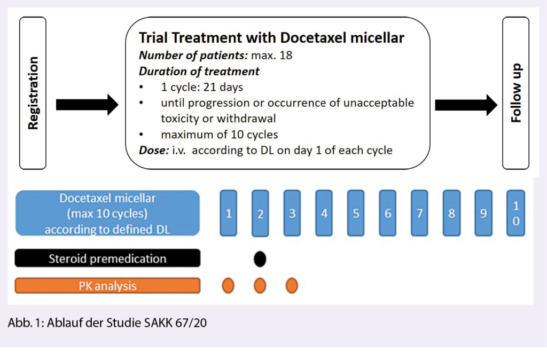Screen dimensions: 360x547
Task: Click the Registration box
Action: [x=33, y=93]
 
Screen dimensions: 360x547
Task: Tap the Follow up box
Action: [x=515, y=93]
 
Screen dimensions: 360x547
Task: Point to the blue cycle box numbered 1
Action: [x=229, y=213]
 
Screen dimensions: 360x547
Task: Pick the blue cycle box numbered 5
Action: [x=356, y=213]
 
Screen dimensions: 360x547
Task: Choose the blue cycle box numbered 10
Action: [x=515, y=213]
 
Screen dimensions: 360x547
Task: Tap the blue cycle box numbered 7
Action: [x=419, y=213]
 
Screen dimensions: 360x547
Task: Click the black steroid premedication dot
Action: [x=260, y=259]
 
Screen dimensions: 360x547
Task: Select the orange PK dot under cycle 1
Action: [x=228, y=286]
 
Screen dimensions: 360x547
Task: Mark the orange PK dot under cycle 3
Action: [x=292, y=286]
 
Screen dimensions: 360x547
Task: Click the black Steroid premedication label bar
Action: [x=107, y=259]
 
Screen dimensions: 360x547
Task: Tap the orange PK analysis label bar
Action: [x=107, y=286]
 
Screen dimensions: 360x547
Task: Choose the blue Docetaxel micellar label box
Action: [x=107, y=213]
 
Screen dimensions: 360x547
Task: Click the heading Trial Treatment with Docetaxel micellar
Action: [x=271, y=38]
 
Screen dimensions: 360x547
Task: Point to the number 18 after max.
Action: [x=286, y=55]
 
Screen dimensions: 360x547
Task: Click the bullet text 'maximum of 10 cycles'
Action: [x=219, y=135]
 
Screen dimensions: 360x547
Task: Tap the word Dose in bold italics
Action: [x=153, y=150]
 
